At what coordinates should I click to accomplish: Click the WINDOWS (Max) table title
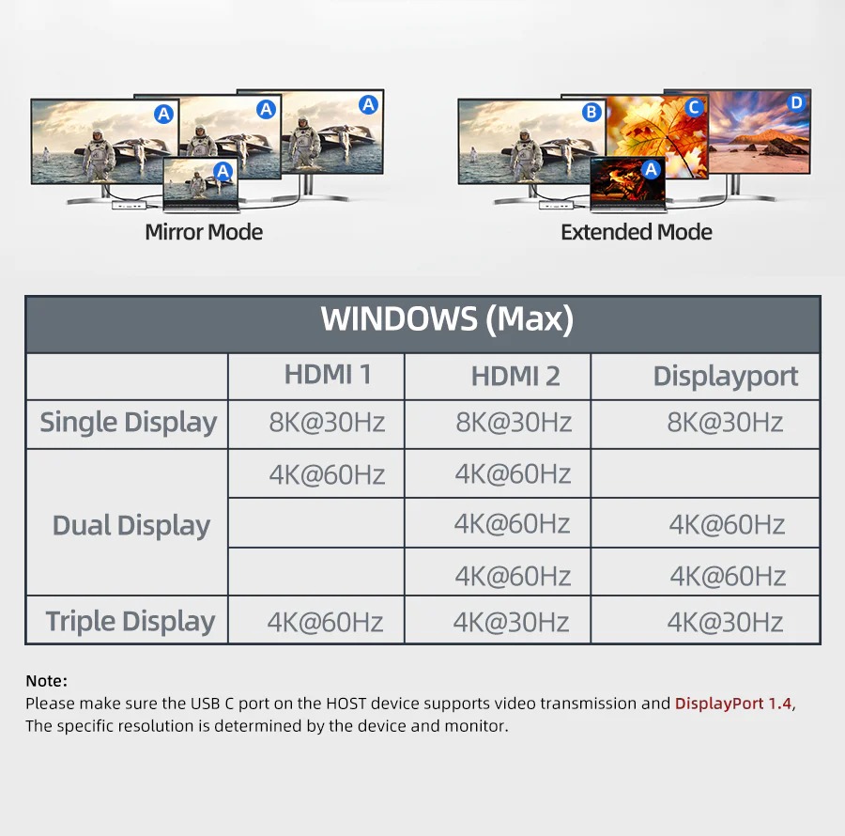pyautogui.click(x=446, y=319)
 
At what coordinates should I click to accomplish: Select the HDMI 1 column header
pyautogui.click(x=328, y=375)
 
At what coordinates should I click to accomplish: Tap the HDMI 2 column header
pyautogui.click(x=515, y=377)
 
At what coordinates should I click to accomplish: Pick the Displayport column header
pyautogui.click(x=726, y=377)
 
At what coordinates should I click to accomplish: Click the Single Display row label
pyautogui.click(x=128, y=423)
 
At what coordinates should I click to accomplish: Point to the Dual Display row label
pyautogui.click(x=131, y=525)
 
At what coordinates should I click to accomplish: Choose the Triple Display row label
pyautogui.click(x=131, y=621)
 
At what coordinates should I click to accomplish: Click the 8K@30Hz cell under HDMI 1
pyautogui.click(x=327, y=423)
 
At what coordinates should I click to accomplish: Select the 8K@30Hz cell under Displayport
pyautogui.click(x=725, y=423)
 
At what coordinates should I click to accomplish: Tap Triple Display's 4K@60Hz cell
pyautogui.click(x=325, y=622)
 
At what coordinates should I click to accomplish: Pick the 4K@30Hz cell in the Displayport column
pyautogui.click(x=725, y=622)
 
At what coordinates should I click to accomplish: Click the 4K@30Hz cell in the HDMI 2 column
pyautogui.click(x=511, y=622)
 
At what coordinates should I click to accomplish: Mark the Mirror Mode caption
pyautogui.click(x=204, y=232)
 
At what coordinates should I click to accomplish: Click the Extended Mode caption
pyautogui.click(x=637, y=232)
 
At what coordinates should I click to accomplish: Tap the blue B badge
pyautogui.click(x=591, y=113)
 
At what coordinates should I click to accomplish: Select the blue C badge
pyautogui.click(x=694, y=107)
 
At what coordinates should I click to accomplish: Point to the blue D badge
pyautogui.click(x=797, y=102)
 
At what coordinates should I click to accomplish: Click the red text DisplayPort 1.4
pyautogui.click(x=733, y=704)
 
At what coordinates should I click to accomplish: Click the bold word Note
pyautogui.click(x=46, y=681)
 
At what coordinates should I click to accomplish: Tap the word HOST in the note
pyautogui.click(x=346, y=704)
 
